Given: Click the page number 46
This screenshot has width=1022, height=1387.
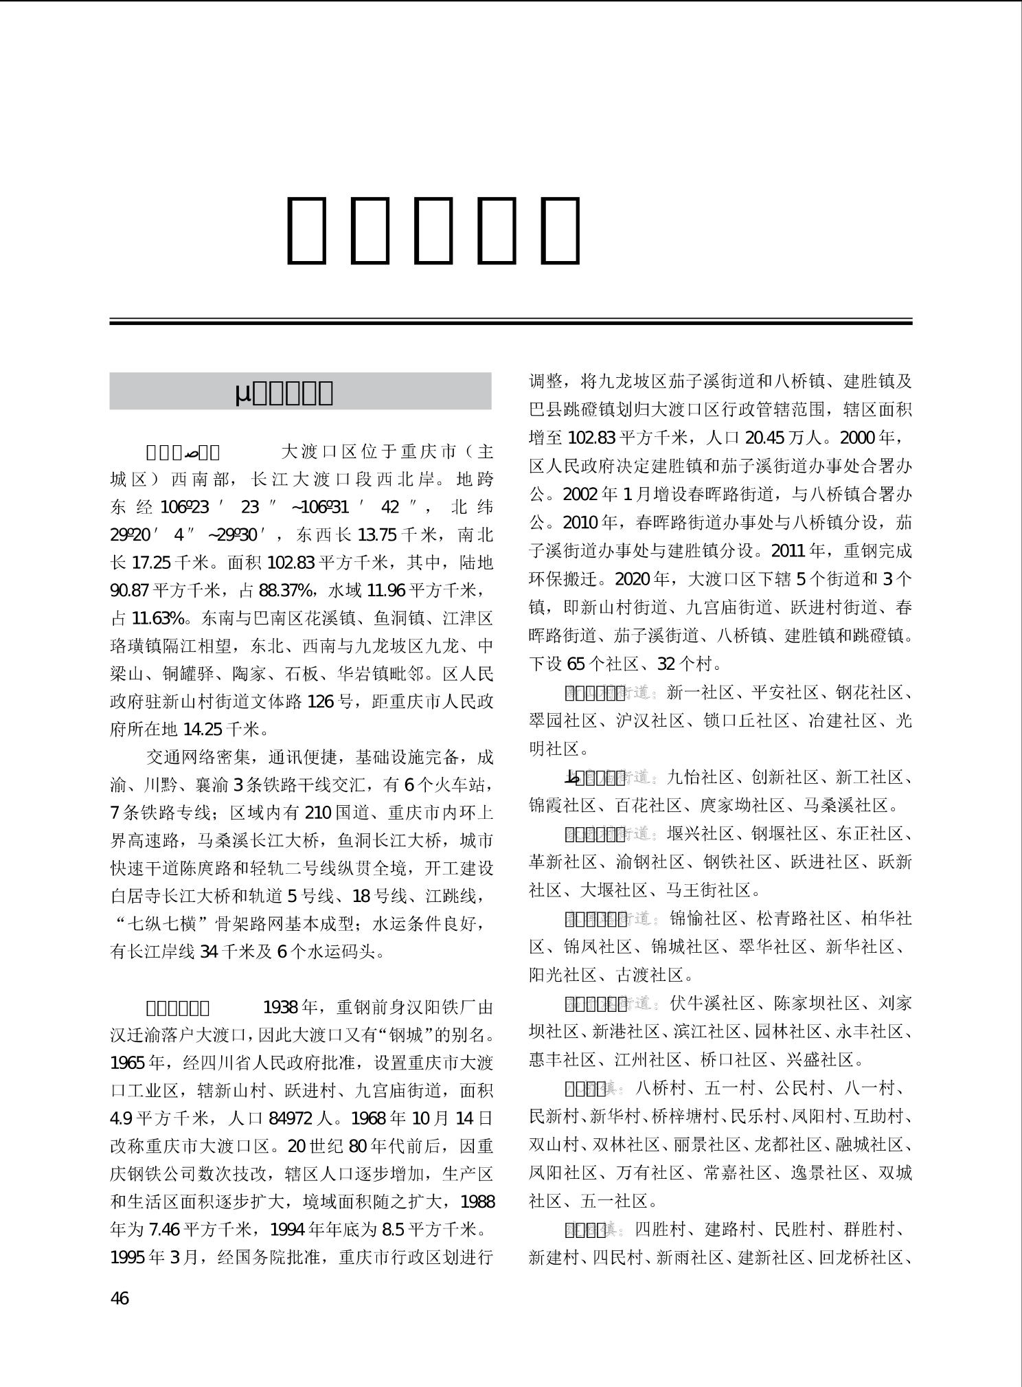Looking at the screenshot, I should pos(120,1298).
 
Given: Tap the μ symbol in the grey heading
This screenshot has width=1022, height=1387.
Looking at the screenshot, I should pos(242,392).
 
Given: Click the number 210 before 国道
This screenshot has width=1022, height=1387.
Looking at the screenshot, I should pos(317,813).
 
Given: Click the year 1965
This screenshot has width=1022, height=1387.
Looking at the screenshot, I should pos(128,1063).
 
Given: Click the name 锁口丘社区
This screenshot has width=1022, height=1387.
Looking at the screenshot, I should pos(747,721).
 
